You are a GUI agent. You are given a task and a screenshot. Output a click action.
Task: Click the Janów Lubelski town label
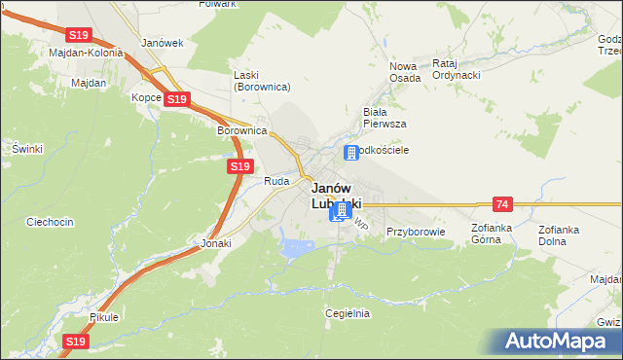tap(336, 196)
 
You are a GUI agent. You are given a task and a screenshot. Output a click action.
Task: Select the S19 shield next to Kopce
tap(176, 99)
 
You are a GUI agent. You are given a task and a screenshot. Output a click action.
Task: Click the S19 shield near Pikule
tap(76, 342)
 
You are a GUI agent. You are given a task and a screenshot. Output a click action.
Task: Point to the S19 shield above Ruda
tap(241, 167)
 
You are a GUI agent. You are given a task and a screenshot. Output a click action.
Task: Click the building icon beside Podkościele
tap(351, 153)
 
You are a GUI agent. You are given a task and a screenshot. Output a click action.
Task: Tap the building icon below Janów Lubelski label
tap(341, 211)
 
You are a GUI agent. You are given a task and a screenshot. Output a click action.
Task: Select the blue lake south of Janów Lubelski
tap(296, 247)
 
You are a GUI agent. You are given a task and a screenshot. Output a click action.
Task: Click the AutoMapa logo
tap(559, 341)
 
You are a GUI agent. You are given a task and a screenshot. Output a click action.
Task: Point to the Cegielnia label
tap(348, 313)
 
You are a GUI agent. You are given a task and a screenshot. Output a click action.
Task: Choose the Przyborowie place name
tap(415, 233)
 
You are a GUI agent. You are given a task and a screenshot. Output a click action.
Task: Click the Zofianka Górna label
tap(491, 234)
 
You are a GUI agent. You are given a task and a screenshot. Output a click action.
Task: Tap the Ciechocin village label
tap(50, 222)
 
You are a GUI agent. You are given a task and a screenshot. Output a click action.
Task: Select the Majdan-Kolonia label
tap(86, 53)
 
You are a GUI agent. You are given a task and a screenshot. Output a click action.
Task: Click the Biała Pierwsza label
tap(384, 118)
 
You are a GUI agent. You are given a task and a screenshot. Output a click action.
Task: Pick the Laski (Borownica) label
tap(262, 81)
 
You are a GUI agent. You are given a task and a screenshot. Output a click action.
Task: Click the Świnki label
tap(27, 148)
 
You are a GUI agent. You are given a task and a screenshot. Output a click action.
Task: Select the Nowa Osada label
tap(405, 71)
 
